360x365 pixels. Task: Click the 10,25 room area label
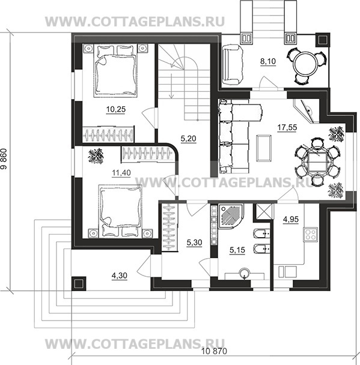[x=116, y=109]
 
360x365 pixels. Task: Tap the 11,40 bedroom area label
[x=121, y=173]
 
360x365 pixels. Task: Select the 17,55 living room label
[x=287, y=127]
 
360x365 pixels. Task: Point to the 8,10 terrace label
[x=268, y=61]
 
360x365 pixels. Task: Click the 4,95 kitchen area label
[x=291, y=219]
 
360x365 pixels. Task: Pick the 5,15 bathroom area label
[x=237, y=250]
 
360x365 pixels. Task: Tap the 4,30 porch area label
[x=120, y=276]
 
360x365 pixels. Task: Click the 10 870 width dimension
[x=214, y=351]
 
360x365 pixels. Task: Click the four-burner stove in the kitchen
[x=310, y=234]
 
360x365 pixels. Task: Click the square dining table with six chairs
[x=316, y=161]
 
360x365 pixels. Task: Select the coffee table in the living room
[x=264, y=148]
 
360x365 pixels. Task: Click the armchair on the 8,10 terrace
[x=233, y=65]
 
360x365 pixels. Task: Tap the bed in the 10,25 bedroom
[x=115, y=70]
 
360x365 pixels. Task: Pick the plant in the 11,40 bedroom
[x=96, y=156]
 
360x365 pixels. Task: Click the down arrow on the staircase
[x=171, y=86]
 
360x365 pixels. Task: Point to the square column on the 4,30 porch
[x=79, y=283]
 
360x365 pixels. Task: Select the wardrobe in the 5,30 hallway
[x=169, y=227]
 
